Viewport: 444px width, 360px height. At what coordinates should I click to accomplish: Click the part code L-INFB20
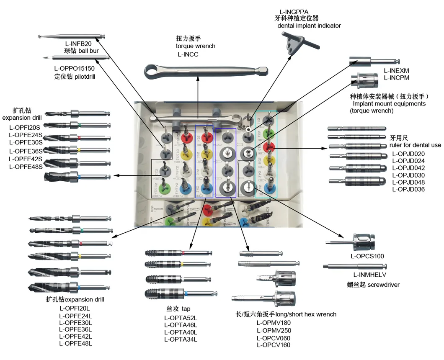(x=78, y=44)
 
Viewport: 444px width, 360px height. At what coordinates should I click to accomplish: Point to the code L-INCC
(x=188, y=54)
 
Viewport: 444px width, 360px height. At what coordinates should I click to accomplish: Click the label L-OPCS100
(x=367, y=256)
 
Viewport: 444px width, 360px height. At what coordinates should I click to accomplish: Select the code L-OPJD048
(x=408, y=182)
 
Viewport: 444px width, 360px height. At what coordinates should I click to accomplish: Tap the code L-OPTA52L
(x=181, y=318)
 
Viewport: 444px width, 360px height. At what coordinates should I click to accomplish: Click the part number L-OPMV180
(x=274, y=323)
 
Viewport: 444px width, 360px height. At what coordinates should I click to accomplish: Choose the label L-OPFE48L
(x=75, y=344)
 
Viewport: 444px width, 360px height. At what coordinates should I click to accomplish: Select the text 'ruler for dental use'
(x=415, y=145)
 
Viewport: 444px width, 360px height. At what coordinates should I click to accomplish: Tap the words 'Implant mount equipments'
(x=389, y=103)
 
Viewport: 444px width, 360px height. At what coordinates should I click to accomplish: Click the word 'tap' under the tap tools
(x=186, y=309)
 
